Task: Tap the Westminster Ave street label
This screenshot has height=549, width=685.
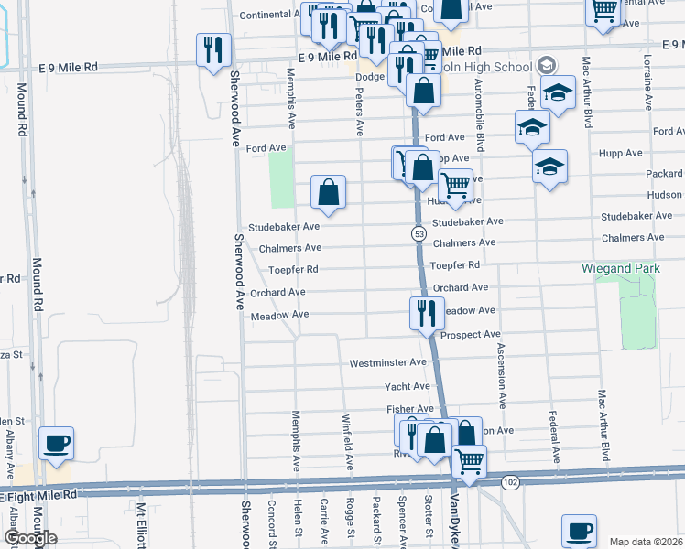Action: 388,363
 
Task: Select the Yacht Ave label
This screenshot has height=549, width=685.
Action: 406,386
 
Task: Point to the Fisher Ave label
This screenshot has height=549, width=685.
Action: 409,409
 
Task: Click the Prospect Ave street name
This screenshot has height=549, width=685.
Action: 470,335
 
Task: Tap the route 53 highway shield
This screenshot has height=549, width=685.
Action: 419,234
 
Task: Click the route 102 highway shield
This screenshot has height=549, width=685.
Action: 510,480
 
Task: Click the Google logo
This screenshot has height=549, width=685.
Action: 30,538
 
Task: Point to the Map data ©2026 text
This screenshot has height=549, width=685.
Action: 646,542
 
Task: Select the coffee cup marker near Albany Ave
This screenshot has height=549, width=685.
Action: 57,444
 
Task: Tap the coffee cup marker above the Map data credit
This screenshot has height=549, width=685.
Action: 579,531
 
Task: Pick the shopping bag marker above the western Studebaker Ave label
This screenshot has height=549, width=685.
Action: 328,192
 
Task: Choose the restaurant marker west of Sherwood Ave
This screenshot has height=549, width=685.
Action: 213,50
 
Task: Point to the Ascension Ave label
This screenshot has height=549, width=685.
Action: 501,375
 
